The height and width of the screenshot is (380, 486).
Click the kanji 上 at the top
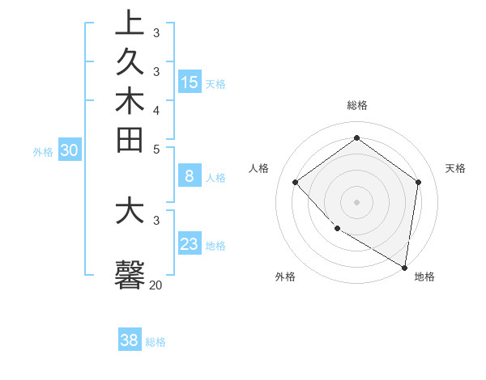click(x=130, y=23)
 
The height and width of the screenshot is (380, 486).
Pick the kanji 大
click(x=130, y=211)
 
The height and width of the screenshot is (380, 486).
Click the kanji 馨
click(x=130, y=274)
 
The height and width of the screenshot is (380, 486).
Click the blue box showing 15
click(x=190, y=82)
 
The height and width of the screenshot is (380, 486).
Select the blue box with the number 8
click(x=190, y=176)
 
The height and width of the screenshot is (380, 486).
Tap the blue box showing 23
click(x=190, y=244)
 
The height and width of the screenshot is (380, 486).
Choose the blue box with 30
click(x=70, y=150)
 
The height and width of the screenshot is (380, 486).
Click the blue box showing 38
click(x=130, y=340)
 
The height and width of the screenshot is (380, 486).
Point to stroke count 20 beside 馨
click(x=156, y=285)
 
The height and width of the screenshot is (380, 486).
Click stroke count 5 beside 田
click(x=156, y=149)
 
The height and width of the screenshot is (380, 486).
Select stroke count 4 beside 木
click(x=156, y=109)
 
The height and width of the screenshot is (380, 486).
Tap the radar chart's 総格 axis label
click(x=357, y=105)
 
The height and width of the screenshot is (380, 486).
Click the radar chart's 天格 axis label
click(x=455, y=168)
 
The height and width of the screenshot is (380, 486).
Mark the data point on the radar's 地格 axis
click(x=404, y=266)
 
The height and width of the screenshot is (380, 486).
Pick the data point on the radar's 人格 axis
click(x=296, y=182)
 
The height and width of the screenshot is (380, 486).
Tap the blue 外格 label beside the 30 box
click(x=43, y=151)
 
